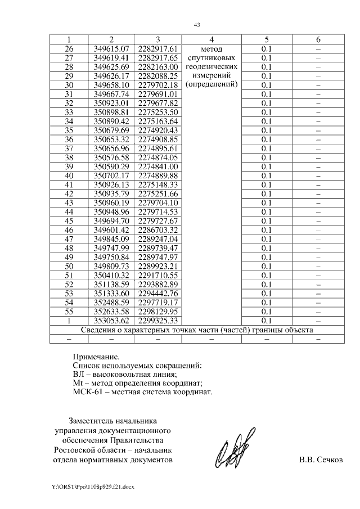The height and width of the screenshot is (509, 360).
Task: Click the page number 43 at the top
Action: [197, 25]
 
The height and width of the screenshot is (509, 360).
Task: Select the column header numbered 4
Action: [211, 39]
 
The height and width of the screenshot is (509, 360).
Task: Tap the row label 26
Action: [69, 49]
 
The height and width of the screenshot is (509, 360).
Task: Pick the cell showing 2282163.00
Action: [158, 67]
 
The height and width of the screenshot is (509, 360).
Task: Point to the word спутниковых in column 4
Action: [211, 58]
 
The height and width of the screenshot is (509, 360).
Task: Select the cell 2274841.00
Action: [158, 166]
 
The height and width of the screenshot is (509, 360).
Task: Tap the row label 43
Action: [69, 202]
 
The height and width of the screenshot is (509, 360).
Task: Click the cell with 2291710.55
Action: [158, 275]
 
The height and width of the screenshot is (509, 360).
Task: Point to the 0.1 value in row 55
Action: [267, 311]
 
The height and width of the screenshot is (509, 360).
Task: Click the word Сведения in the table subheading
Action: [100, 330]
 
